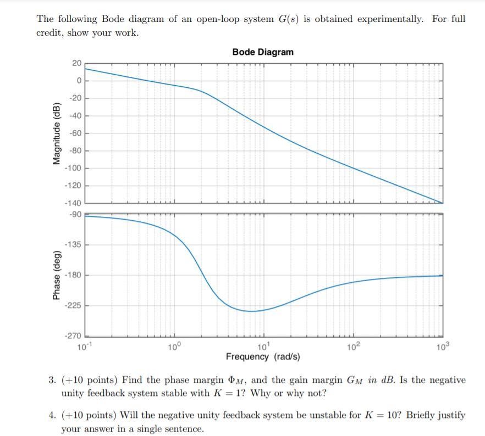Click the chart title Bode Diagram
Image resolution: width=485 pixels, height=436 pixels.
click(x=263, y=52)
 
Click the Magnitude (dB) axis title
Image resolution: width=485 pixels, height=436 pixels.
click(x=56, y=133)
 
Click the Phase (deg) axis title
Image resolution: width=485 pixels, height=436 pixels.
click(x=56, y=275)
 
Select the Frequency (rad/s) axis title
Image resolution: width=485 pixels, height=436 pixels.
click(x=263, y=357)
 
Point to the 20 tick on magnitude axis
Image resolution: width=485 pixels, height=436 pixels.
click(x=76, y=64)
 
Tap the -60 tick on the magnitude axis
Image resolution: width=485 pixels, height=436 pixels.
click(x=75, y=133)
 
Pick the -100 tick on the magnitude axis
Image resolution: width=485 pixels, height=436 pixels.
click(x=73, y=168)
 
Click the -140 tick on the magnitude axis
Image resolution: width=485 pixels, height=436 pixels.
click(x=73, y=203)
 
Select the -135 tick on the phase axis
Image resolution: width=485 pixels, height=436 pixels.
click(x=73, y=244)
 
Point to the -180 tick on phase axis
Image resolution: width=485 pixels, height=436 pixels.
click(x=73, y=275)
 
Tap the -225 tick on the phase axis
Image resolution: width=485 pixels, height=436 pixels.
click(x=73, y=305)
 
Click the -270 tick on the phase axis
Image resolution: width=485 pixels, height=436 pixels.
click(x=73, y=336)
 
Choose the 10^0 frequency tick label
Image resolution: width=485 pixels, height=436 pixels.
click(x=174, y=346)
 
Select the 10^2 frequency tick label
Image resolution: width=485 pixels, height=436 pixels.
click(x=352, y=346)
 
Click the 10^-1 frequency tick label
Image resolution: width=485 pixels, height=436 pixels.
click(x=84, y=346)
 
